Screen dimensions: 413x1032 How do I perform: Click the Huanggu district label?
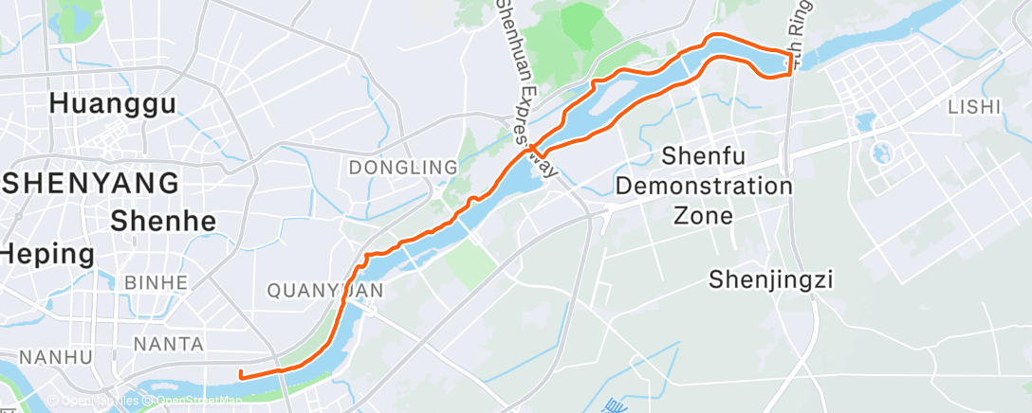tap(113, 103)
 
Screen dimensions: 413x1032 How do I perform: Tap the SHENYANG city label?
tap(89, 182)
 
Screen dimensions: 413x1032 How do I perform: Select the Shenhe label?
tap(163, 222)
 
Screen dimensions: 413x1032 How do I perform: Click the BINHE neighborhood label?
tap(156, 283)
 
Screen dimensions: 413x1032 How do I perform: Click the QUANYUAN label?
tap(324, 291)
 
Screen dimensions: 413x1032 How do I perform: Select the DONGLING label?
tap(403, 168)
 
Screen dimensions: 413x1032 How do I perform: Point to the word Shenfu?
tap(704, 154)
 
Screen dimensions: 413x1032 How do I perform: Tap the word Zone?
tap(704, 216)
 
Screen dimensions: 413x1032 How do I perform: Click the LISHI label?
tap(974, 107)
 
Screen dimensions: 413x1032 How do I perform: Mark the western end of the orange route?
tap(242, 375)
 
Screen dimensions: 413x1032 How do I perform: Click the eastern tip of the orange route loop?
tap(790, 64)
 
